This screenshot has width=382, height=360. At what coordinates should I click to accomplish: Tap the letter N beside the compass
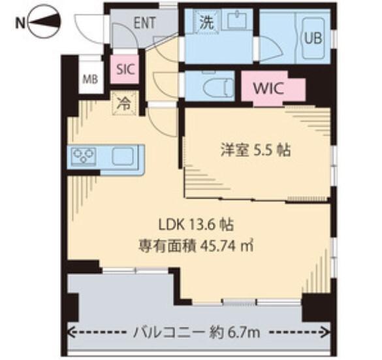tap(20, 24)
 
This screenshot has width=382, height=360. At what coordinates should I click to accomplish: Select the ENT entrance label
tap(144, 22)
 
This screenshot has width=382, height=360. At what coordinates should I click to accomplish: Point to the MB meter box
tap(89, 80)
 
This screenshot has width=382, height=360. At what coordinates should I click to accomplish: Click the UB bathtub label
tap(311, 38)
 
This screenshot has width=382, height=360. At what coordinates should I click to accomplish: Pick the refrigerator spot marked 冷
tap(123, 102)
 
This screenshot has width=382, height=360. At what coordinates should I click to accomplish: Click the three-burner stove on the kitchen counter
tap(85, 156)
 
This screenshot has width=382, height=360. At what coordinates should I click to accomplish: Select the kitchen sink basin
tap(124, 156)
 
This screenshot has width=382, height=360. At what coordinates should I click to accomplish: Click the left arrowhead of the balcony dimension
tap(72, 333)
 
